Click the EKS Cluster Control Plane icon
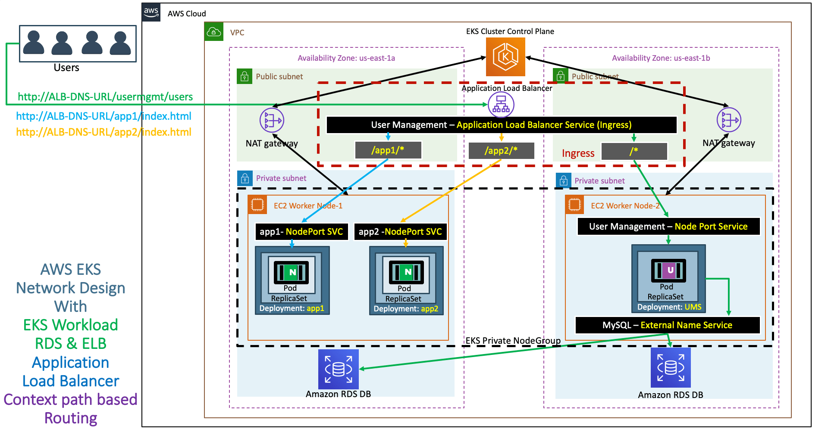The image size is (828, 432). [x=505, y=57]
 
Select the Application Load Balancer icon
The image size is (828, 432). [x=501, y=105]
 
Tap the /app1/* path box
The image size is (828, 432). [x=388, y=150]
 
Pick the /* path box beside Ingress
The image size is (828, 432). [x=634, y=151]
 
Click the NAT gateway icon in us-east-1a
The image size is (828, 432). [x=272, y=120]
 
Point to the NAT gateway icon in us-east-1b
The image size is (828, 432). [x=729, y=120]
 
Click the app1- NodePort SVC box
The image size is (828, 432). [x=301, y=232]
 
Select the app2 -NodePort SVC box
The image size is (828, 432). [x=400, y=232]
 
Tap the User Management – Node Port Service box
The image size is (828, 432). [x=668, y=227]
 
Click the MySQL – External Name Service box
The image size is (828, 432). [x=668, y=325]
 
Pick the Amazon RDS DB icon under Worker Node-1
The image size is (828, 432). [x=339, y=369]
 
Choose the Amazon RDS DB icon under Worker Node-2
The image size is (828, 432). [x=671, y=367]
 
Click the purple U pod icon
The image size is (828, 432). [x=668, y=270]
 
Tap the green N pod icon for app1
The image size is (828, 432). [x=292, y=272]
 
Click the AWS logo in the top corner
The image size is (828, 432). [x=151, y=12]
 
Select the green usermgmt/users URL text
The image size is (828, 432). [x=105, y=97]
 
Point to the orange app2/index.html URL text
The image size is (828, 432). [x=103, y=132]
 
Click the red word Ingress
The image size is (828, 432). [x=578, y=153]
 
